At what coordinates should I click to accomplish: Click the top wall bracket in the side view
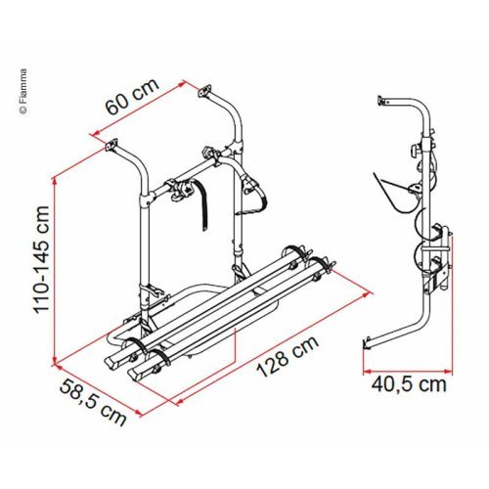[384, 100]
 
